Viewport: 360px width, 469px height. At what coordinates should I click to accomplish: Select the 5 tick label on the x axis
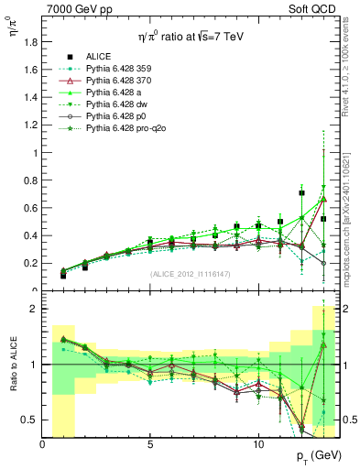coord(150,442)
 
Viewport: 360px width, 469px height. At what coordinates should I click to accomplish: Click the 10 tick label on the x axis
coord(258,442)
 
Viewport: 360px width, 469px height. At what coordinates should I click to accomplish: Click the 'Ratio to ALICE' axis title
coord(12,365)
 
